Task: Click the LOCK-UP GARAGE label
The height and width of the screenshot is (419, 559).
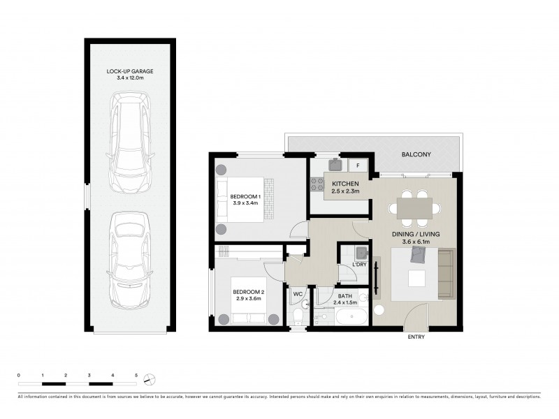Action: [x=129, y=71]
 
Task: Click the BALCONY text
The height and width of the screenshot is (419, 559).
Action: [x=415, y=154]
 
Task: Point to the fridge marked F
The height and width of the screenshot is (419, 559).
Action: [x=358, y=166]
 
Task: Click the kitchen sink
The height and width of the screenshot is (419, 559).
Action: [x=335, y=165]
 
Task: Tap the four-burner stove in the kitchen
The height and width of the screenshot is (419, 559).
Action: [x=317, y=184]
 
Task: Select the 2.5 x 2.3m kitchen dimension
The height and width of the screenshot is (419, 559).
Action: [x=345, y=191]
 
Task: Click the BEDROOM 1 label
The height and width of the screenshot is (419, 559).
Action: [x=245, y=197]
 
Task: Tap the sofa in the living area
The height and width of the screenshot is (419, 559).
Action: [x=444, y=273]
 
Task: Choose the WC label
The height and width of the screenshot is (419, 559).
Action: [x=297, y=294]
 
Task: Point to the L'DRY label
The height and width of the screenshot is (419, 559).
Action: [x=359, y=265]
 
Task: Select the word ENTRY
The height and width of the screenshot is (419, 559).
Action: [x=416, y=337]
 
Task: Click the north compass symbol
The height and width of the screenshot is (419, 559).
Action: [x=149, y=379]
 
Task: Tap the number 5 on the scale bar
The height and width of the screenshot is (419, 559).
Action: [x=136, y=376]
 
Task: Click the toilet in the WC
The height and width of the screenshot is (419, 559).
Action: [x=298, y=317]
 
